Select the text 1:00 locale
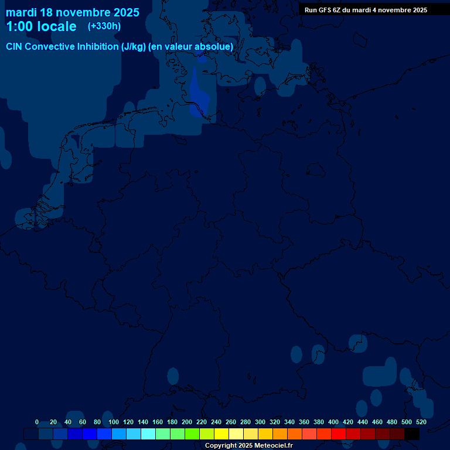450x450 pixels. tap(41, 26)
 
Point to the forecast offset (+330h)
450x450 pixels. tap(104, 26)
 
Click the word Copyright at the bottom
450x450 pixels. tap(221, 446)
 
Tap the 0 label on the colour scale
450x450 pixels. tap(37, 422)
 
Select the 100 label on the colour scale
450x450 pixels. tap(114, 422)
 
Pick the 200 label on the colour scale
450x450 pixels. tap(187, 422)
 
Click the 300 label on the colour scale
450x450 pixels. tap(260, 422)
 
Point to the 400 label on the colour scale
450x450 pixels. tap(333, 422)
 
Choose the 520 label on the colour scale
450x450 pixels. tap(421, 422)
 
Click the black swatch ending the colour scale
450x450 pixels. tap(412, 434)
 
